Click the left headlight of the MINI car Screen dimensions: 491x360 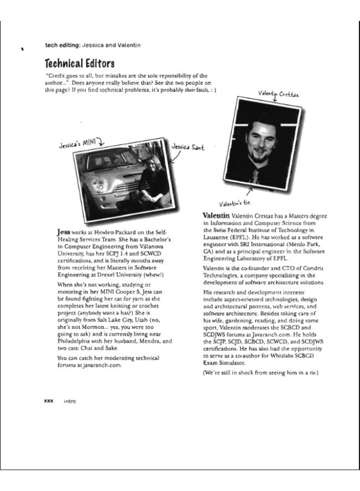pos(99,185)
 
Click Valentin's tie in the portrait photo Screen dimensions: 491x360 pos(254,175)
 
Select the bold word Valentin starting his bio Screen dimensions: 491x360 pos(216,216)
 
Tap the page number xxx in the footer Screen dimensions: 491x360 pos(48,400)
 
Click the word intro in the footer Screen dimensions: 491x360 pos(69,401)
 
